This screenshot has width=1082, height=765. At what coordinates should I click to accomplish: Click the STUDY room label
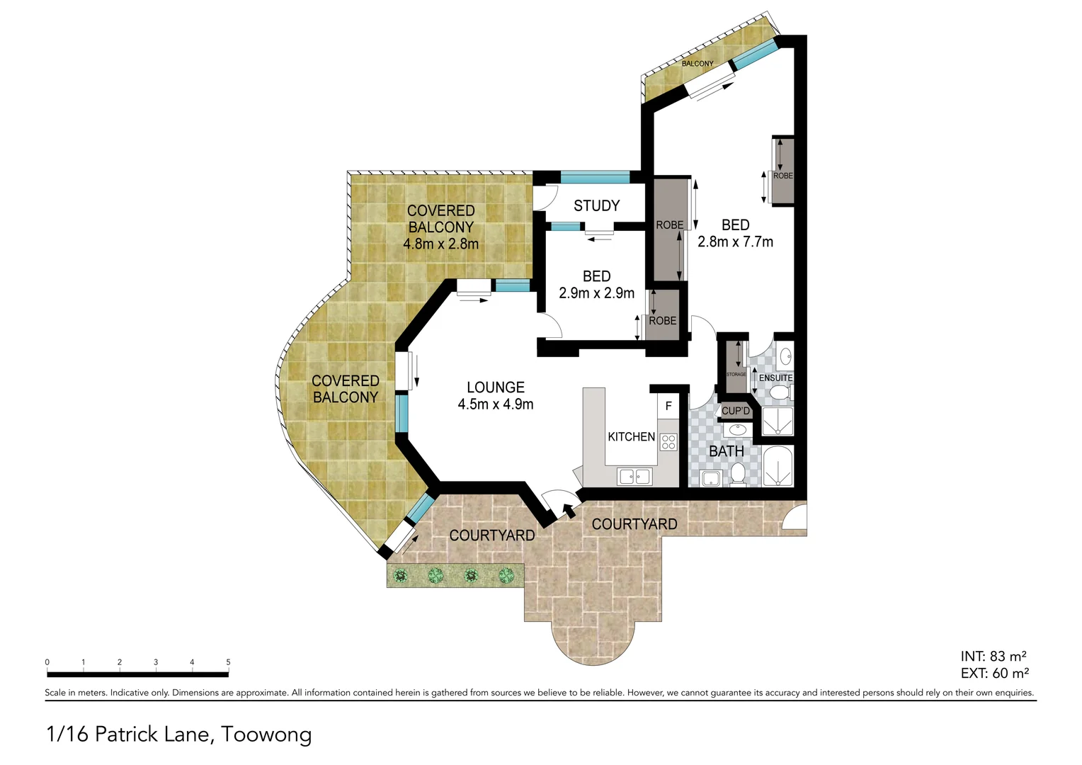[x=596, y=206]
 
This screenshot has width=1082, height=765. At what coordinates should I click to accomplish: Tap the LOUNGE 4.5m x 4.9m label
[x=495, y=396]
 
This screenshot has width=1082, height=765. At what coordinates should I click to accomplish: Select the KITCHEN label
[x=631, y=437]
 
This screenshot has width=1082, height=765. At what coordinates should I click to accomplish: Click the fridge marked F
[x=668, y=407]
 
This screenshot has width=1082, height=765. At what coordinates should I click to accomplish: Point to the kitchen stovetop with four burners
[x=668, y=442]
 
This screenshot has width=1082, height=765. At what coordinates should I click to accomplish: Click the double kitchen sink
[x=634, y=477]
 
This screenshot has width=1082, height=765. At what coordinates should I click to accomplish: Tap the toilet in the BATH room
[x=738, y=475]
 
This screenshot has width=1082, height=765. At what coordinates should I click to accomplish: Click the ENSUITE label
[x=775, y=378]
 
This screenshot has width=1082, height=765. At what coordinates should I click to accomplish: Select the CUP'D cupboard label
[x=736, y=411]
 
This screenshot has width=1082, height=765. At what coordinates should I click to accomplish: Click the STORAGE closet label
[x=736, y=374]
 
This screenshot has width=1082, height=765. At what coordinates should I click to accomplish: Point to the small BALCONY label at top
[x=697, y=64]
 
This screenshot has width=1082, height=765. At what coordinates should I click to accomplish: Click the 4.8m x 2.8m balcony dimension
[x=440, y=244]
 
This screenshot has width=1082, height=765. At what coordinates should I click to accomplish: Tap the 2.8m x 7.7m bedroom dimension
[x=735, y=242]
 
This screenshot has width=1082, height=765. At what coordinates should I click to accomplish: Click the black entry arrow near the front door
[x=568, y=510]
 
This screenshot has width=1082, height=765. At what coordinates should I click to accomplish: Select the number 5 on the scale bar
[x=228, y=662]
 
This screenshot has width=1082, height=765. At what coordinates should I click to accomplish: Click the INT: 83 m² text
[x=993, y=657]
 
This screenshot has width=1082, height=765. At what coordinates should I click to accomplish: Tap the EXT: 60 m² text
[x=994, y=674]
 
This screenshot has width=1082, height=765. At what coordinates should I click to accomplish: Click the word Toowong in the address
[x=266, y=735]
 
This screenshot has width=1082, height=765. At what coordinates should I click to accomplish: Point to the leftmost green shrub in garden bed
[x=401, y=575]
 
